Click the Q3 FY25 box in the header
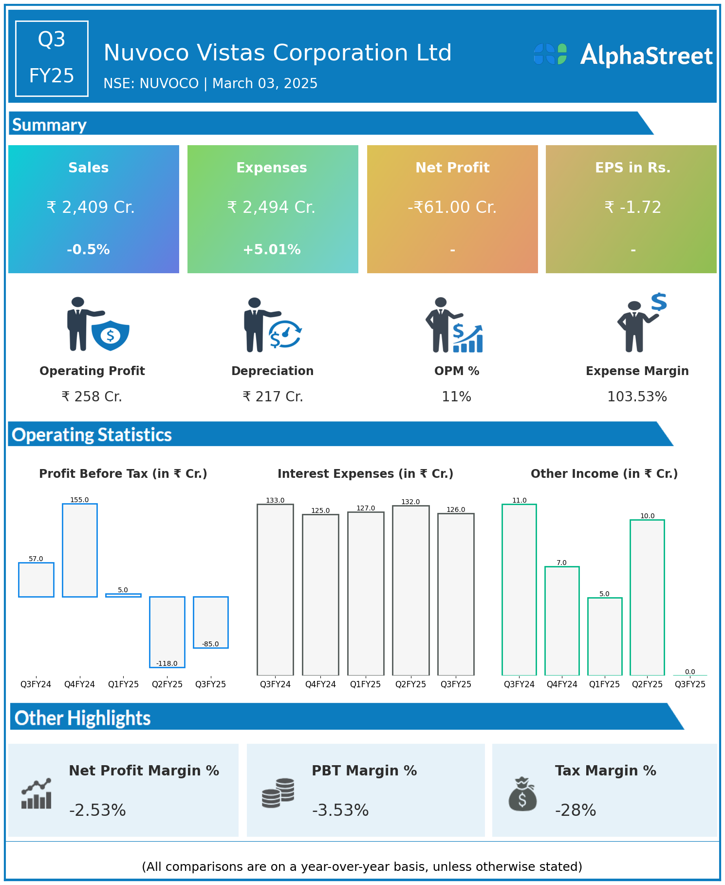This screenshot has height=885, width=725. click(x=52, y=58)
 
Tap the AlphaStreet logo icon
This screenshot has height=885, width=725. click(x=550, y=54)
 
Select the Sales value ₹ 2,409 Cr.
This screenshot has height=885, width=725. click(x=91, y=207)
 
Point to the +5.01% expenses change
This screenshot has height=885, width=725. click(x=272, y=249)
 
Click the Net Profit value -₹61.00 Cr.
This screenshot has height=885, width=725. click(x=452, y=207)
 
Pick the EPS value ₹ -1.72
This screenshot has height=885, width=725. click(x=632, y=207)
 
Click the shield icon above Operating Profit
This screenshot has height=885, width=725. click(x=111, y=335)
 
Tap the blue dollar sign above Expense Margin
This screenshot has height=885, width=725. click(x=659, y=302)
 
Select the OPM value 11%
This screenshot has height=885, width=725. click(x=456, y=397)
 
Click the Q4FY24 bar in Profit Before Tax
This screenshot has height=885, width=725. click(x=80, y=550)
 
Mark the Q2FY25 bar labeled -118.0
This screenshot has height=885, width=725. click(x=167, y=632)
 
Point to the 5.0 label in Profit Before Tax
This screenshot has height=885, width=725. click(x=123, y=590)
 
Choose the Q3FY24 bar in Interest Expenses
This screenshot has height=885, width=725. click(x=275, y=589)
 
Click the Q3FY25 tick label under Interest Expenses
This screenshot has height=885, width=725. click(x=456, y=684)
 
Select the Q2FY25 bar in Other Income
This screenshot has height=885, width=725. click(x=647, y=597)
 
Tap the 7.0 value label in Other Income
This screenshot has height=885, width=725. click(x=561, y=563)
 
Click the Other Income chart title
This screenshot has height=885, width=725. click(x=604, y=474)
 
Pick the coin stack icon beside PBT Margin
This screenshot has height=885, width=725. click(x=278, y=793)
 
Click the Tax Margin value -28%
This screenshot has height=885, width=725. click(x=576, y=810)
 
